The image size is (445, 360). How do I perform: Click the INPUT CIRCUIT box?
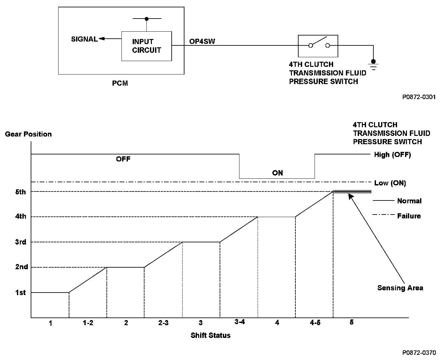pos(146,46)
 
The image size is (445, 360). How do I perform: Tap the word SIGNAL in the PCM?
pos(84,39)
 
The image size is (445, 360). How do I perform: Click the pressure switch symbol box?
pos(318,46)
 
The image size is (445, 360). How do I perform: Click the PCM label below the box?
pos(120,83)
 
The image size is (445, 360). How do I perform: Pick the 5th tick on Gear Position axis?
pos(20,192)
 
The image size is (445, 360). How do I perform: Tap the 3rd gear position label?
pos(20,242)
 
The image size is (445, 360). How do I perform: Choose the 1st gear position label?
pos(20,293)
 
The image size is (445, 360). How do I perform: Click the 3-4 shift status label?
pos(239,322)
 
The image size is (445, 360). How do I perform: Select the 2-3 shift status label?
pos(163,323)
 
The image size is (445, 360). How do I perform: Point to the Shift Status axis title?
pos(210,335)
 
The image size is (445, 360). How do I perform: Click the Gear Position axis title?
pos(28,134)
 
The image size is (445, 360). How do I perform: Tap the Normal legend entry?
pos(409,201)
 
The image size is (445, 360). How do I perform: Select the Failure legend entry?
pos(409,216)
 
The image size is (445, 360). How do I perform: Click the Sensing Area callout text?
pos(400,288)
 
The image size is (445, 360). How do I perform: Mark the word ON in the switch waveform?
pos(277,173)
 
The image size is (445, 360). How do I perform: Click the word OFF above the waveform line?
pos(123,159)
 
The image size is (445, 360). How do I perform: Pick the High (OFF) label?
pos(392,155)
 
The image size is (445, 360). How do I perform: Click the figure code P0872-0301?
pos(419,97)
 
